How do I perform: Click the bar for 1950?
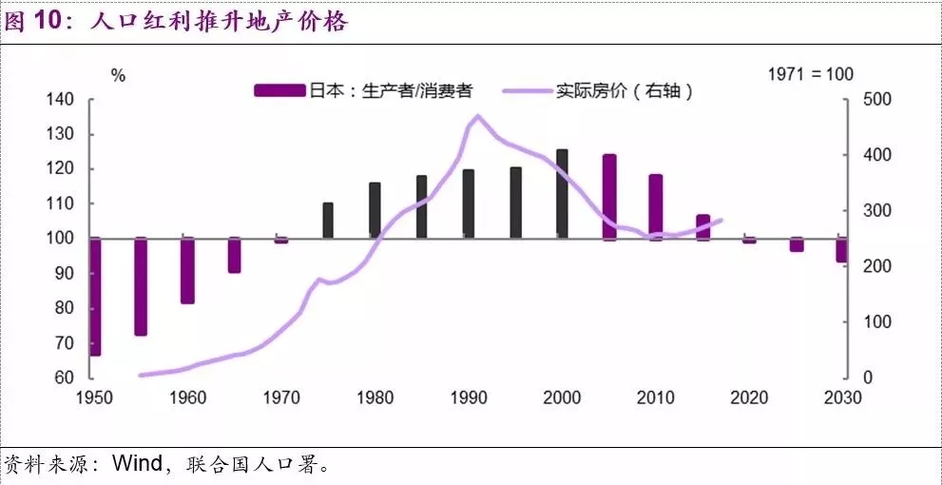point(94,297)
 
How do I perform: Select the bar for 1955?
point(141,286)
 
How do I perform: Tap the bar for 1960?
point(187,270)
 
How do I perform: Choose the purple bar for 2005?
point(608,197)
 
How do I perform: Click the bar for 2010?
point(655,206)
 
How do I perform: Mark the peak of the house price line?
point(476,116)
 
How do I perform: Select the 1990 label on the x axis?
point(469,398)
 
